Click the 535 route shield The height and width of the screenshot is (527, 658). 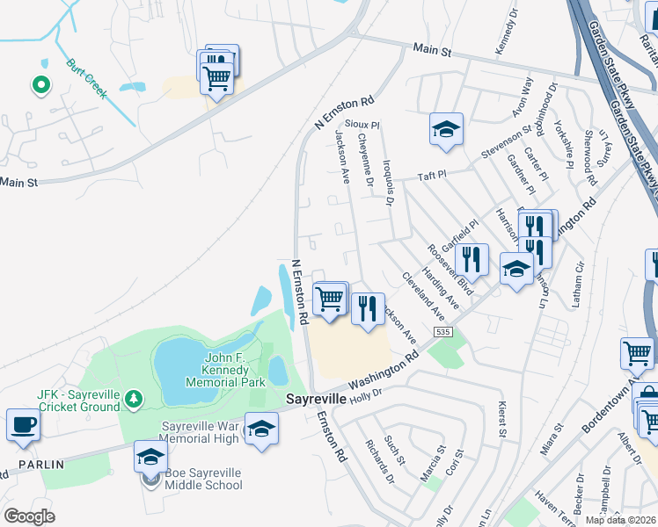[x=442, y=332]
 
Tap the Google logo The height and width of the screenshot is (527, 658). [x=29, y=516]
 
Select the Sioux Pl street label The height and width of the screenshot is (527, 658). [x=362, y=126]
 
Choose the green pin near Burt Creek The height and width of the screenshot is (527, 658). [x=40, y=85]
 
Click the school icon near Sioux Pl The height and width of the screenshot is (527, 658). [x=446, y=129]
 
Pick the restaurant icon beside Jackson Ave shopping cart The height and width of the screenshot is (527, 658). [x=368, y=307]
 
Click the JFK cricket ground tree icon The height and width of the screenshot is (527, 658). [x=132, y=399]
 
